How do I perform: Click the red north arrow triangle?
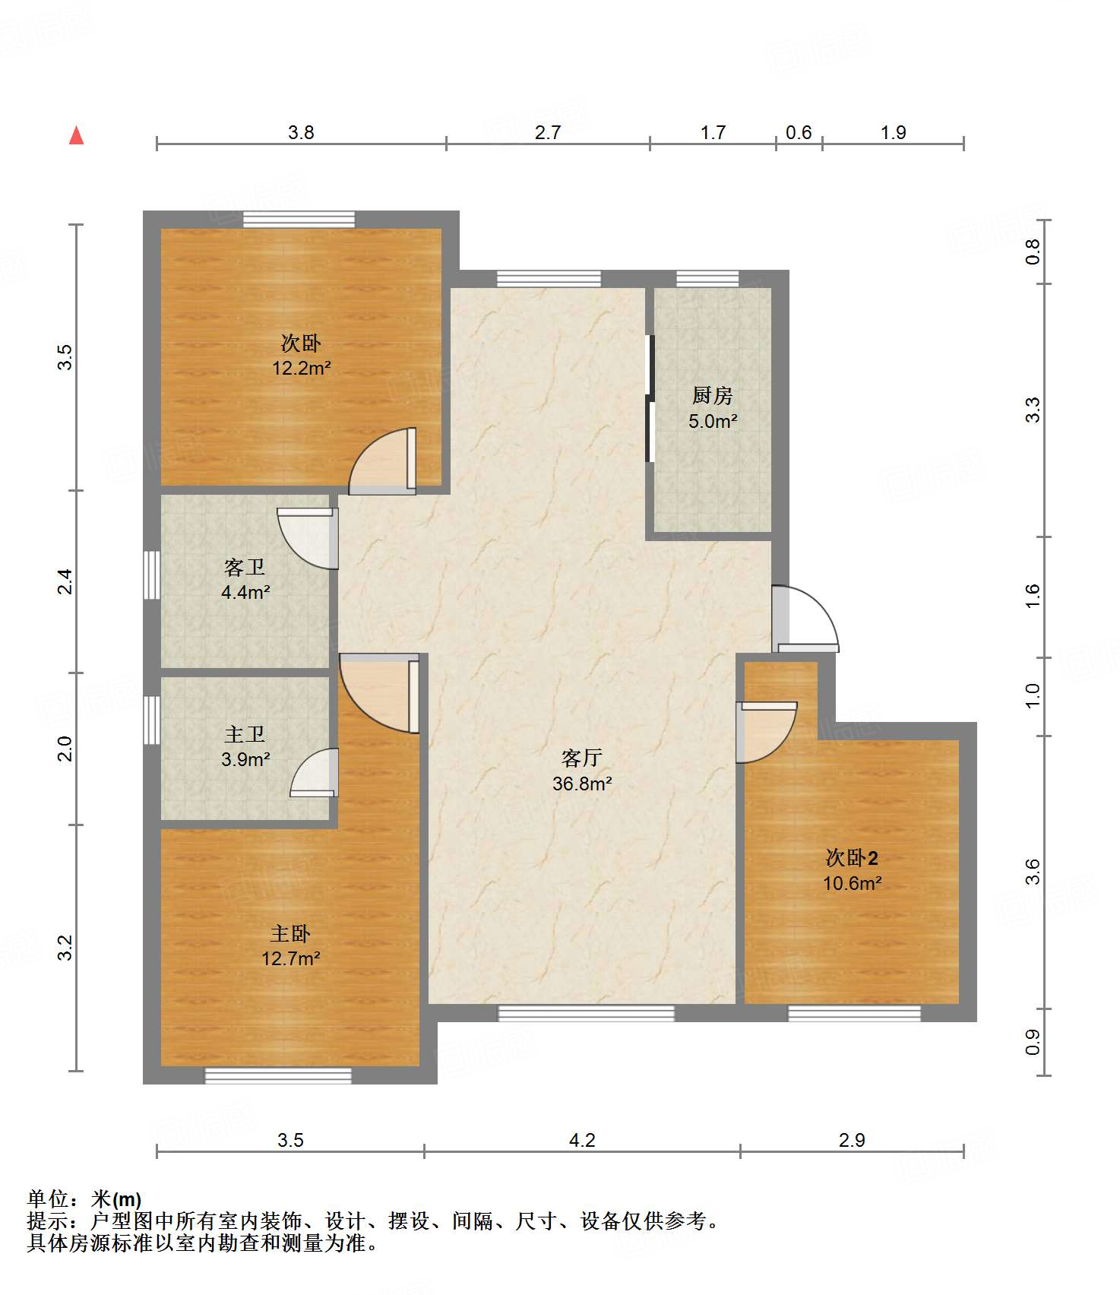[76, 135]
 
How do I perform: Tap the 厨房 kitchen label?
[712, 395]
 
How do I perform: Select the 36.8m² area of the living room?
[582, 784]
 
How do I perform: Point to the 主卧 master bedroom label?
[290, 933]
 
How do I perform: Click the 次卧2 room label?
[852, 858]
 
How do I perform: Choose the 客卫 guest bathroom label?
[245, 567]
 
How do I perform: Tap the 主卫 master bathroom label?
[245, 734]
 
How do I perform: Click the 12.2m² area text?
[302, 369]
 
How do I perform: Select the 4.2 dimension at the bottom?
[582, 1140]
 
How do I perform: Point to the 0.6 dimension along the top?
[799, 132]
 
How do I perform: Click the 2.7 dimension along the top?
[547, 132]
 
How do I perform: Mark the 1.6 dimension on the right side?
[1032, 596]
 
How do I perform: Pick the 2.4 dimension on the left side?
[66, 581]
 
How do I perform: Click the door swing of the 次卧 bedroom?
[382, 461]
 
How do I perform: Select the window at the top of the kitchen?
[707, 278]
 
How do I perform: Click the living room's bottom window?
[586, 1012]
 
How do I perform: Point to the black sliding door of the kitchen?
[650, 398]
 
